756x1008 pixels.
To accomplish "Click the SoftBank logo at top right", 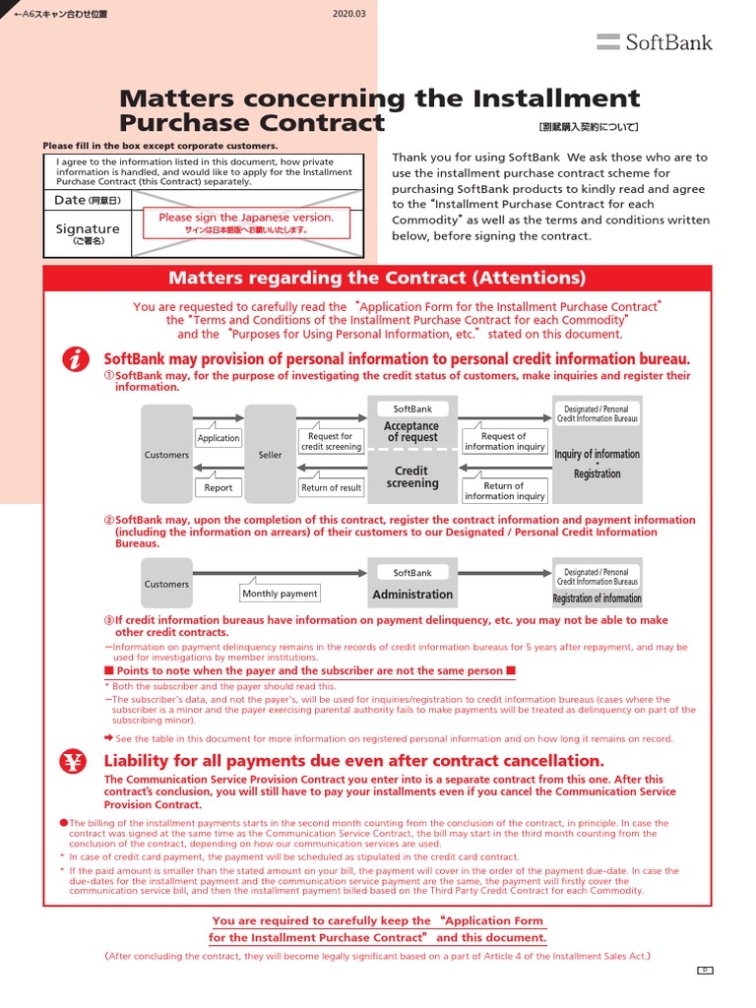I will (655, 41).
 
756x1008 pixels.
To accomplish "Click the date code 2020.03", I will (350, 14).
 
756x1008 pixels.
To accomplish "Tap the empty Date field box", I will (246, 200).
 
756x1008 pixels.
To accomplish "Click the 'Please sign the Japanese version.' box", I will (247, 222).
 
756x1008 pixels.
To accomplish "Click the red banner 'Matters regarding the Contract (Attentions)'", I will (377, 279).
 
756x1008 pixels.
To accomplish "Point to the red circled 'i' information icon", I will (76, 360).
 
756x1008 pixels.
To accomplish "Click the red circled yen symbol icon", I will (76, 761).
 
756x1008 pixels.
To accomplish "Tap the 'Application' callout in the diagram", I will (219, 438).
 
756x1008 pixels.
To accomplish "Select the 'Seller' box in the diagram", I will (270, 455).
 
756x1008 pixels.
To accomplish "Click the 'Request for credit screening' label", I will (331, 441).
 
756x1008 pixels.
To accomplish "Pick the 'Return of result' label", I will (331, 487).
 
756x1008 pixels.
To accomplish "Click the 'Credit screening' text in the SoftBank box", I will (412, 477).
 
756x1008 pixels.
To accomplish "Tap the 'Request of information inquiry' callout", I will (504, 441).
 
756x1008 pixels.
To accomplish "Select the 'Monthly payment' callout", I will (280, 594).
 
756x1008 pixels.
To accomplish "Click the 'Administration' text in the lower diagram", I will (412, 595).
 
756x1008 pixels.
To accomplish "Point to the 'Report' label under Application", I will (219, 487).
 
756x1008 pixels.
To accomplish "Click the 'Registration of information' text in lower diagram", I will (597, 598).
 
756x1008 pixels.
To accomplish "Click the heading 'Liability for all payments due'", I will (341, 761).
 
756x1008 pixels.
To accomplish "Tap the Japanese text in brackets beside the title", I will (589, 127).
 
